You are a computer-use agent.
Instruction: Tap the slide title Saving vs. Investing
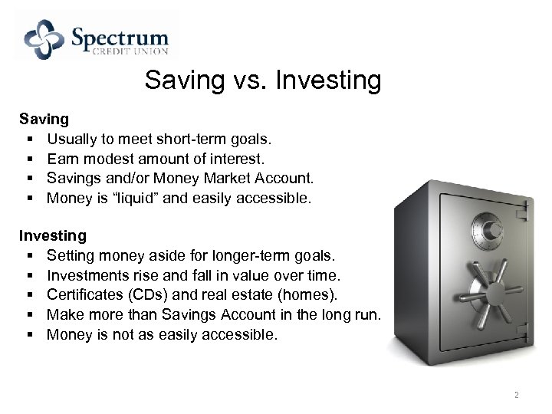coord(262,80)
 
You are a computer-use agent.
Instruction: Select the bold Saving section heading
coord(44,120)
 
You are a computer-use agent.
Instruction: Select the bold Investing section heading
coord(53,235)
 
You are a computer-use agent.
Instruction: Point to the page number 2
coord(516,396)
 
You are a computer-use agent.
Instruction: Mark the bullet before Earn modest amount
coord(28,159)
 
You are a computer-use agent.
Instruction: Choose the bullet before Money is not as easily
coord(28,333)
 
